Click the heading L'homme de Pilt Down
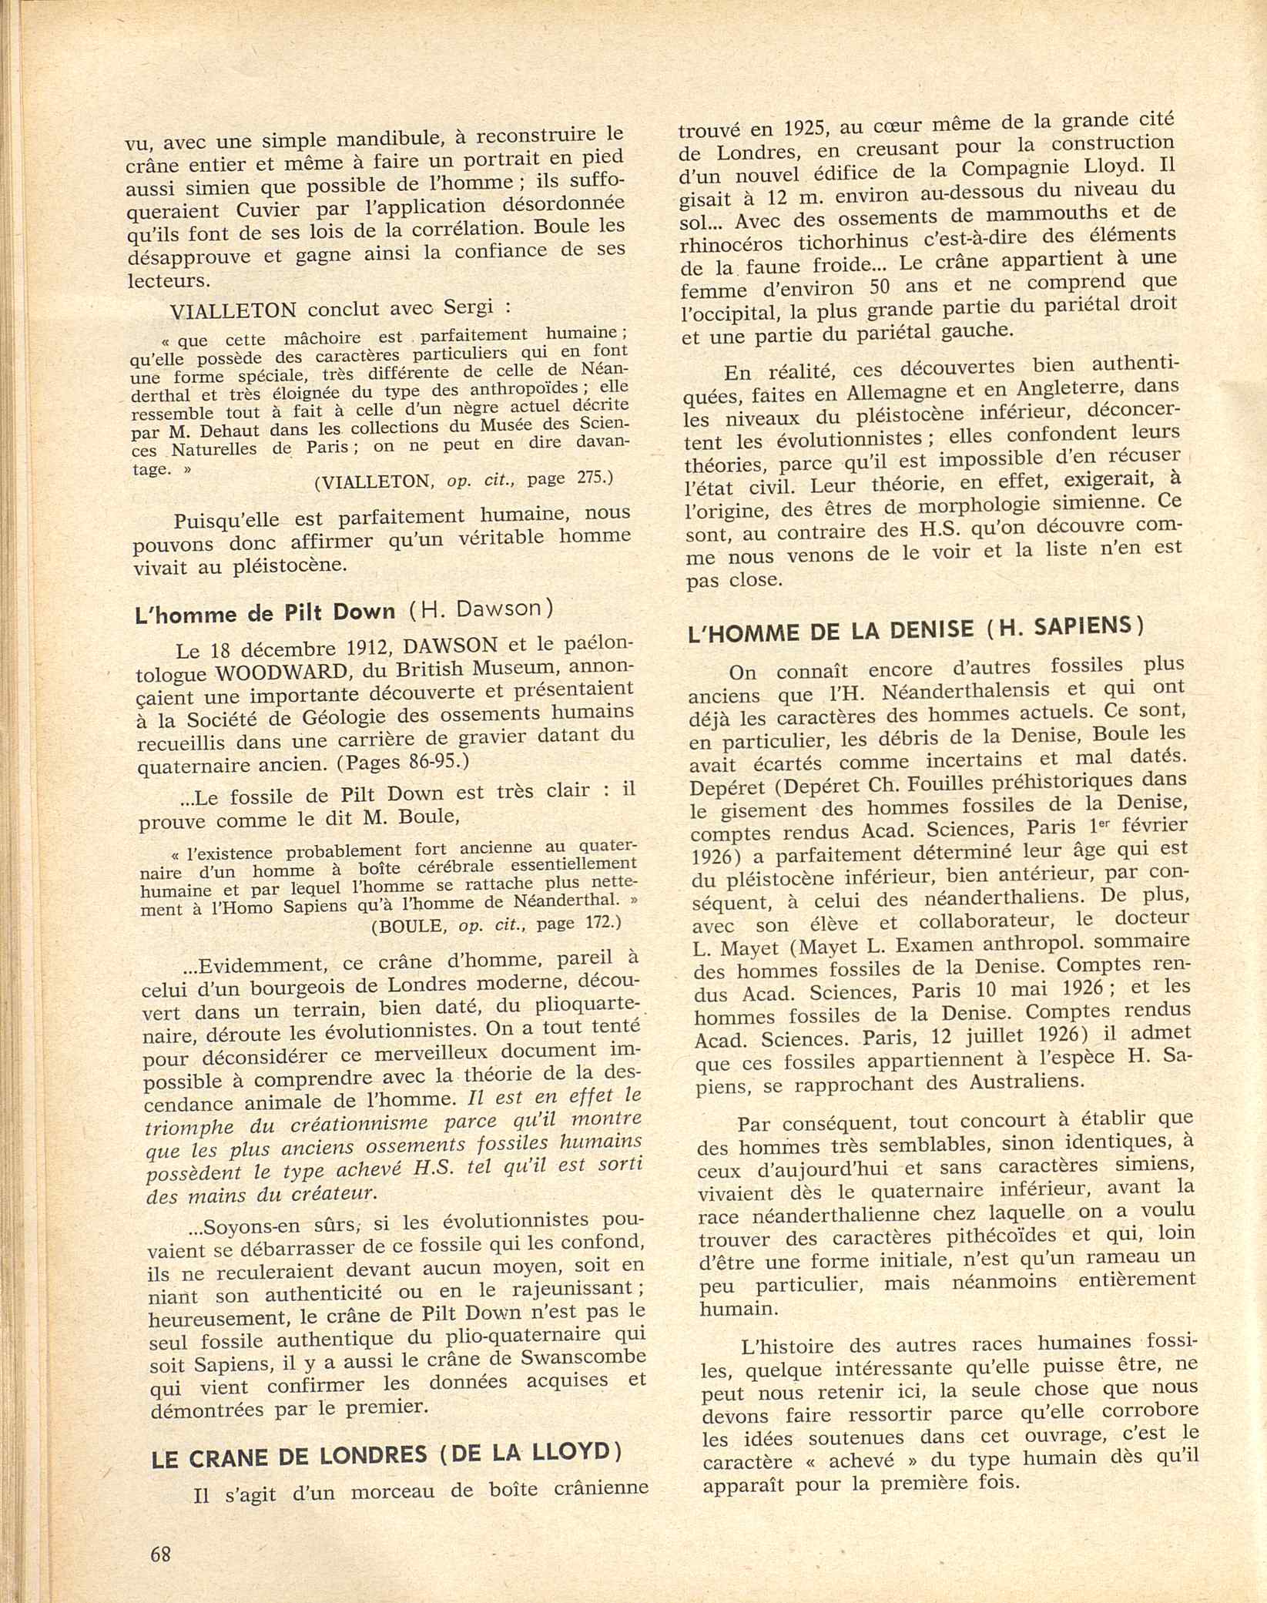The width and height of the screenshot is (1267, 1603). [265, 612]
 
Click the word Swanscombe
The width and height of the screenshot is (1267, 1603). [586, 1357]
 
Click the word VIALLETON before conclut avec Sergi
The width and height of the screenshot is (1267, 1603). [233, 310]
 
